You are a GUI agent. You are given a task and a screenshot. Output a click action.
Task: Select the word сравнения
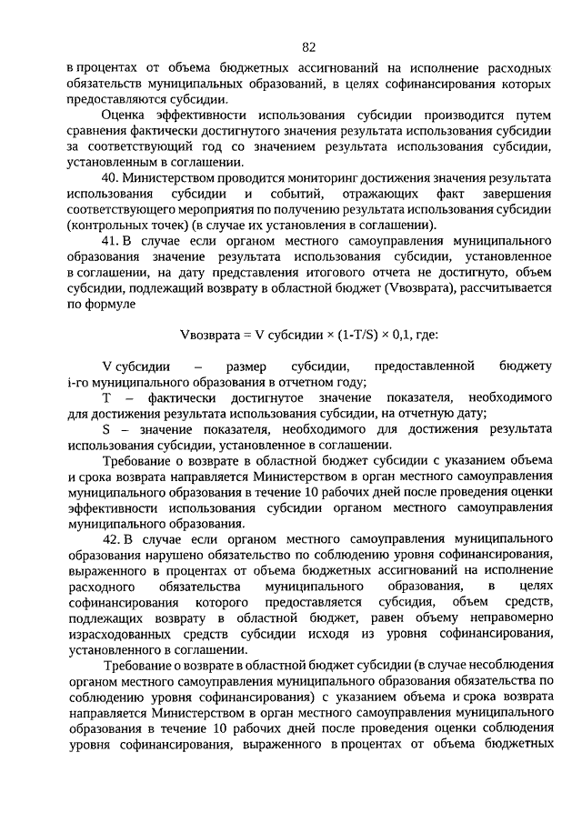tap(97, 132)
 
